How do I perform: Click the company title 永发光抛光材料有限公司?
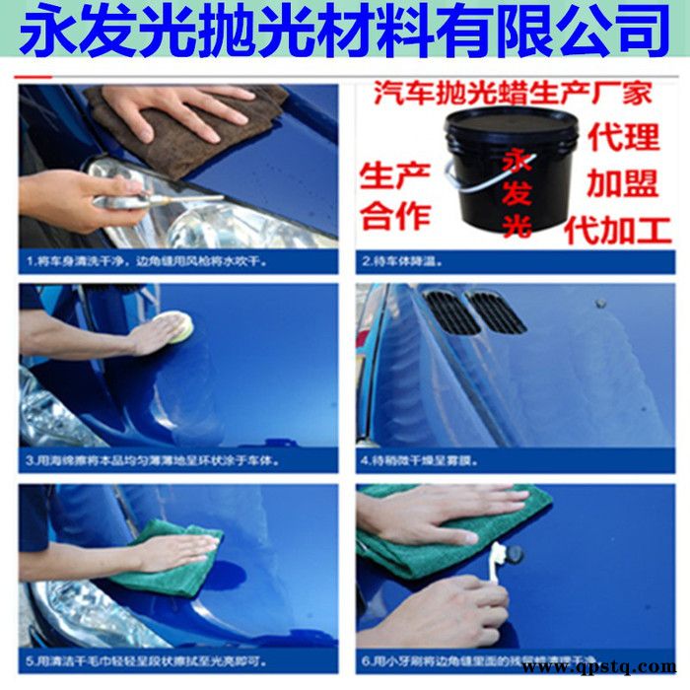(344, 32)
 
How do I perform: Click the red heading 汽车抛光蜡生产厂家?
(513, 95)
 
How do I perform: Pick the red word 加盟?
(622, 182)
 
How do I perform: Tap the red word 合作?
(391, 216)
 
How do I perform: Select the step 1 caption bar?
(177, 262)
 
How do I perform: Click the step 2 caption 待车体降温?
(513, 262)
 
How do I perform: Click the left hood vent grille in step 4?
(451, 311)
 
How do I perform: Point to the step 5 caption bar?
(177, 660)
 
